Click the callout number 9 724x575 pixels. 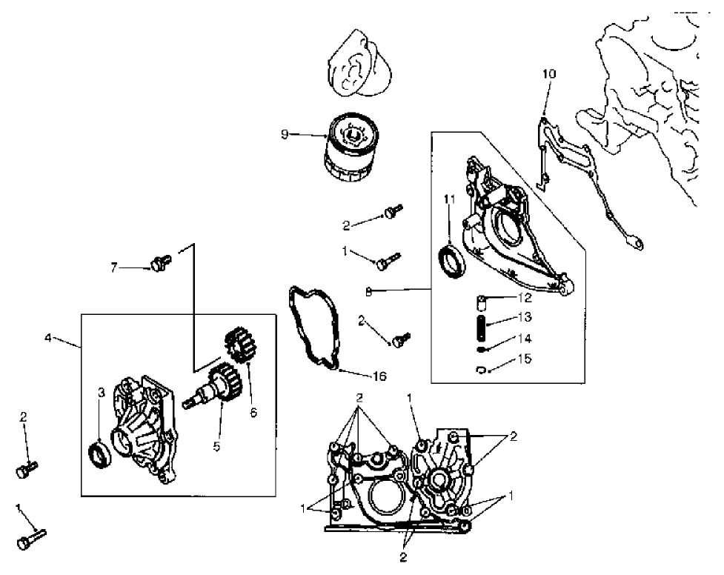(284, 135)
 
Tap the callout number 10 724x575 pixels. (548, 73)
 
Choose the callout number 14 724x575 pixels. (524, 339)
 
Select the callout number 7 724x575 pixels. (114, 267)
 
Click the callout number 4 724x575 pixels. (48, 338)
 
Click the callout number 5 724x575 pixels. (216, 447)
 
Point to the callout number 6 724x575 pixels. (253, 412)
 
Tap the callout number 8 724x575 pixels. (368, 290)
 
